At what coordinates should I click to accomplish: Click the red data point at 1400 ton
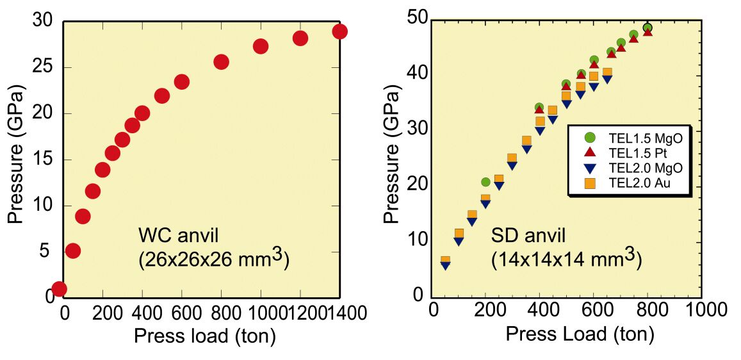339,31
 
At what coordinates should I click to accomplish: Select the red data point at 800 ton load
222,62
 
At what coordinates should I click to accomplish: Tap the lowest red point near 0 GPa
59,289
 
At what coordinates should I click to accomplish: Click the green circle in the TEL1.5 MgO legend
590,137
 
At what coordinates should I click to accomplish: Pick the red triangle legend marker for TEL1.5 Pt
590,152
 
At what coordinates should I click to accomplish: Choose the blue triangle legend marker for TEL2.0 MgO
590,168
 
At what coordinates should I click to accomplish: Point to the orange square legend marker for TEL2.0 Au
590,184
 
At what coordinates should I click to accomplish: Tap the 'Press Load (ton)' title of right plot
580,334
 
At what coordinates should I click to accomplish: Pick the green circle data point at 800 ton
647,28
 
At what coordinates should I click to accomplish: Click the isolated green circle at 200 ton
485,183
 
